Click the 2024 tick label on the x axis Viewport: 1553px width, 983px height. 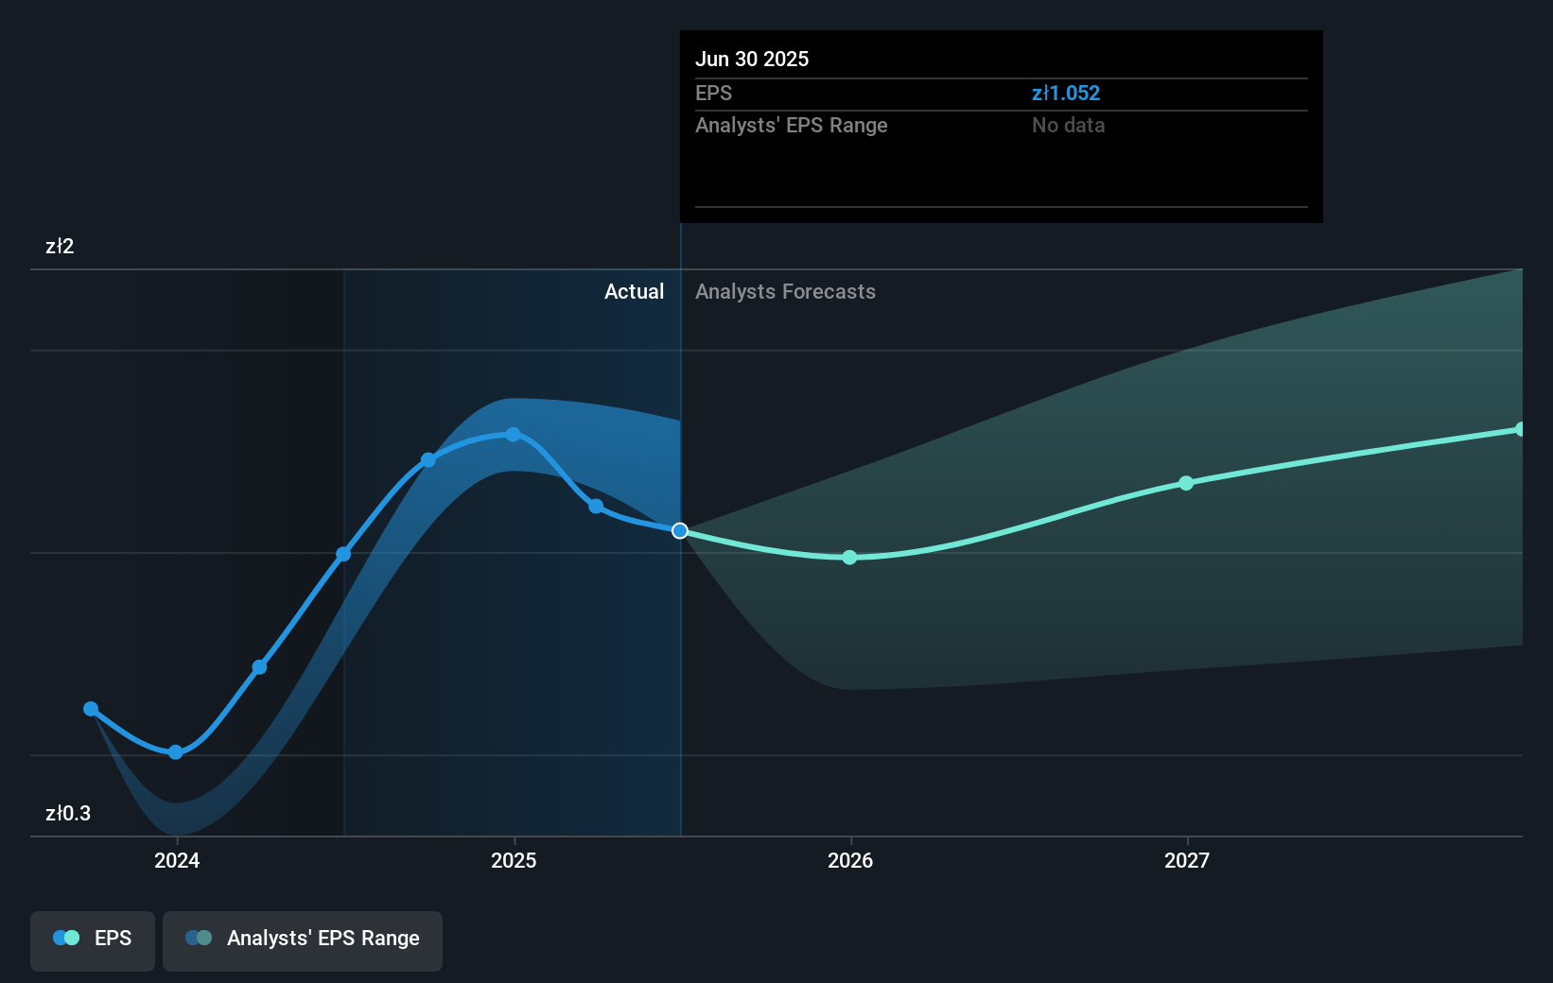[x=177, y=860]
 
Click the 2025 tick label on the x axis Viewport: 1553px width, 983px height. [x=514, y=860]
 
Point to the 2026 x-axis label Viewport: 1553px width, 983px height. [x=850, y=860]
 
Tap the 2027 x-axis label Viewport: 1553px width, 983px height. [x=1187, y=860]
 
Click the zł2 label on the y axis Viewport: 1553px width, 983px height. [x=60, y=247]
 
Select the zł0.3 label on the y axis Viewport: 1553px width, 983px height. [x=68, y=813]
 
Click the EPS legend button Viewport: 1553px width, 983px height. [x=93, y=939]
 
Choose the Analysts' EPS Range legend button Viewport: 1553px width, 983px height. [x=303, y=939]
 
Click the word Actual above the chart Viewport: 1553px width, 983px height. [x=634, y=291]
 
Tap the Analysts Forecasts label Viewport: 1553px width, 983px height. [x=785, y=291]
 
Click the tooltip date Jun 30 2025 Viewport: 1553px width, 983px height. [x=752, y=59]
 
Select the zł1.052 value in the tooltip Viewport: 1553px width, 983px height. [x=1066, y=93]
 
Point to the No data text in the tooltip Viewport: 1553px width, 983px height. [x=1068, y=125]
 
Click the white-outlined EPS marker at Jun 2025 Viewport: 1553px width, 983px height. [x=680, y=530]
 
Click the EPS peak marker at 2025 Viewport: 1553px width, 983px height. [x=513, y=435]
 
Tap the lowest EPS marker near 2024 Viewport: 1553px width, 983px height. [x=175, y=752]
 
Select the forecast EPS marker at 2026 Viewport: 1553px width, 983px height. [x=849, y=558]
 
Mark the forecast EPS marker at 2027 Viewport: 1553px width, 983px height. [x=1186, y=483]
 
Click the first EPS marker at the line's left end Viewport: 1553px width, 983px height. [x=91, y=709]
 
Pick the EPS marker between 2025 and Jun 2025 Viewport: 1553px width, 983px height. [x=596, y=507]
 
